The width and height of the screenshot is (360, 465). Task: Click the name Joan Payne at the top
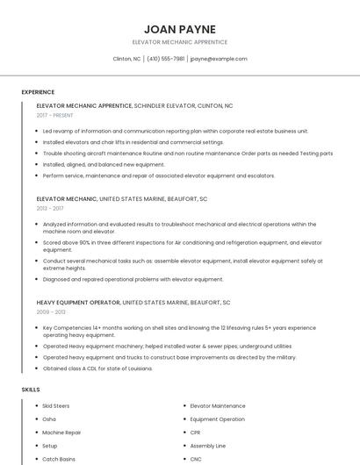coord(179,29)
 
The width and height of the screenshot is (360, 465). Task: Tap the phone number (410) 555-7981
coord(165,59)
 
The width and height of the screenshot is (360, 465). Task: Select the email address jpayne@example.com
coord(218,59)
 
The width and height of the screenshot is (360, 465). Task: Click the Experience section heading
coord(38,92)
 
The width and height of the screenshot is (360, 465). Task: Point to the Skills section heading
coord(31,389)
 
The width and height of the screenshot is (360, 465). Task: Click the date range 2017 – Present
coord(56,115)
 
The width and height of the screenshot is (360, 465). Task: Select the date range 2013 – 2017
coord(50,209)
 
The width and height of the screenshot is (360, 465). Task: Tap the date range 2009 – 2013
coord(51,311)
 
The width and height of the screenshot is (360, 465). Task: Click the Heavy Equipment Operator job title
coord(78,303)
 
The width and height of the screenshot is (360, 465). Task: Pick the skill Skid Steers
coord(55,406)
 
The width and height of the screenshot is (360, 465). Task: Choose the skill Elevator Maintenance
coord(218,406)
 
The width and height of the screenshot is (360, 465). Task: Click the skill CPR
coord(196,433)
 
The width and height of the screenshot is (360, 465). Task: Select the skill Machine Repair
coord(61,433)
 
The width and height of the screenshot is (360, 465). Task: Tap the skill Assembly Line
coord(208,446)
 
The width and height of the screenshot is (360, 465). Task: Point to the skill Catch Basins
coord(59,459)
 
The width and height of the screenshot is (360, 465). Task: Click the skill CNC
coord(196,459)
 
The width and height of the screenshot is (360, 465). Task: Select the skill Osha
coord(49,419)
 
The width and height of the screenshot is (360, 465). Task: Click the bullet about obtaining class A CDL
coord(97,368)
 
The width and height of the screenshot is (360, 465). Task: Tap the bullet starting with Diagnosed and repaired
coord(133,279)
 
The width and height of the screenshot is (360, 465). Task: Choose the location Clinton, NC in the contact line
coord(127,59)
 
